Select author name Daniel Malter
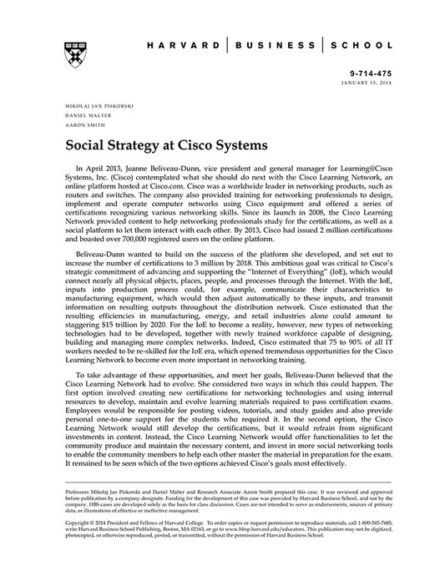point(82,119)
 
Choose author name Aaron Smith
point(78,129)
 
